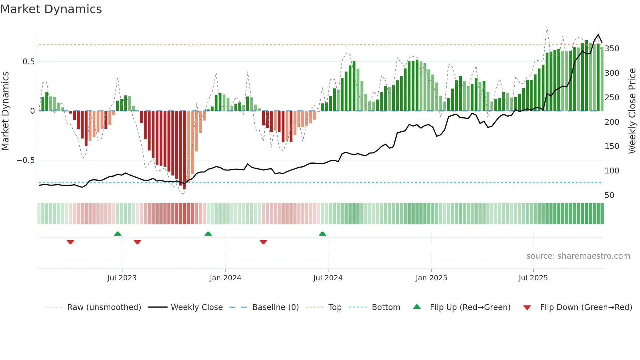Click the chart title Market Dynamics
point(51,9)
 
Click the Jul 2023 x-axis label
point(122,278)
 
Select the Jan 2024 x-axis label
point(225,278)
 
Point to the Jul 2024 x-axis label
point(328,278)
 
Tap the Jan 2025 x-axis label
point(431,278)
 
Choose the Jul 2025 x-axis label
point(533,278)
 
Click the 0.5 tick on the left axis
point(28,62)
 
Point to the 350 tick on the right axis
point(612,49)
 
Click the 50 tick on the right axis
point(609,195)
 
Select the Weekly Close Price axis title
point(632,111)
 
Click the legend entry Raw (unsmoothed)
point(104,307)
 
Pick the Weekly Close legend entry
point(197,307)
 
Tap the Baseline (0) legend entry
point(275,307)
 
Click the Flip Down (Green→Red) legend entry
point(586,307)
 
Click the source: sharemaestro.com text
point(578,256)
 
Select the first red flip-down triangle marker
point(70,242)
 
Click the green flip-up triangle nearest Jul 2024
point(322,234)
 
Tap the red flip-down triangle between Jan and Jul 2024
point(263,242)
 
